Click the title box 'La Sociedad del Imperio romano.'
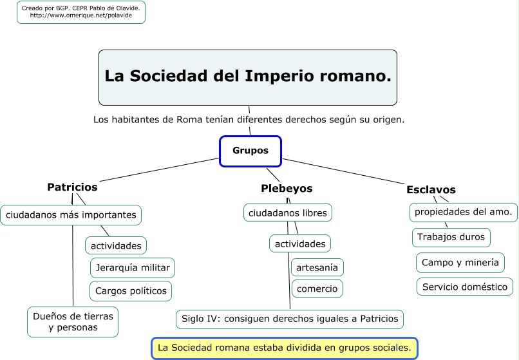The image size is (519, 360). (248, 77)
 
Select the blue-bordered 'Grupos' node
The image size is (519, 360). (250, 151)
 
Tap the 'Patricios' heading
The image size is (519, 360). (72, 187)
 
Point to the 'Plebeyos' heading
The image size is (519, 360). (287, 189)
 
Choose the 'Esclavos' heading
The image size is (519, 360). (431, 190)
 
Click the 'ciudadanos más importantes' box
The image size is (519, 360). (71, 215)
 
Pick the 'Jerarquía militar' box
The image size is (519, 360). (133, 268)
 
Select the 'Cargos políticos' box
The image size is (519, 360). (131, 291)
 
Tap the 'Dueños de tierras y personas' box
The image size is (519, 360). (73, 322)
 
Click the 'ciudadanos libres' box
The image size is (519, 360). (288, 213)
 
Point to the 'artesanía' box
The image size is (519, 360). (317, 267)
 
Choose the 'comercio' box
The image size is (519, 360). (317, 289)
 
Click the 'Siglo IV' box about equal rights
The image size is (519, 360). (290, 319)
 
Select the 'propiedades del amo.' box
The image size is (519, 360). (464, 212)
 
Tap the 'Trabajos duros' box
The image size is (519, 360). (451, 237)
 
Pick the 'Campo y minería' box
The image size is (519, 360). (460, 263)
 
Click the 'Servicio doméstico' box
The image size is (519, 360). (465, 287)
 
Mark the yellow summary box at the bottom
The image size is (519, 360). (284, 348)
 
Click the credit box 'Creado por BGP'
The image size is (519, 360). (81, 12)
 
